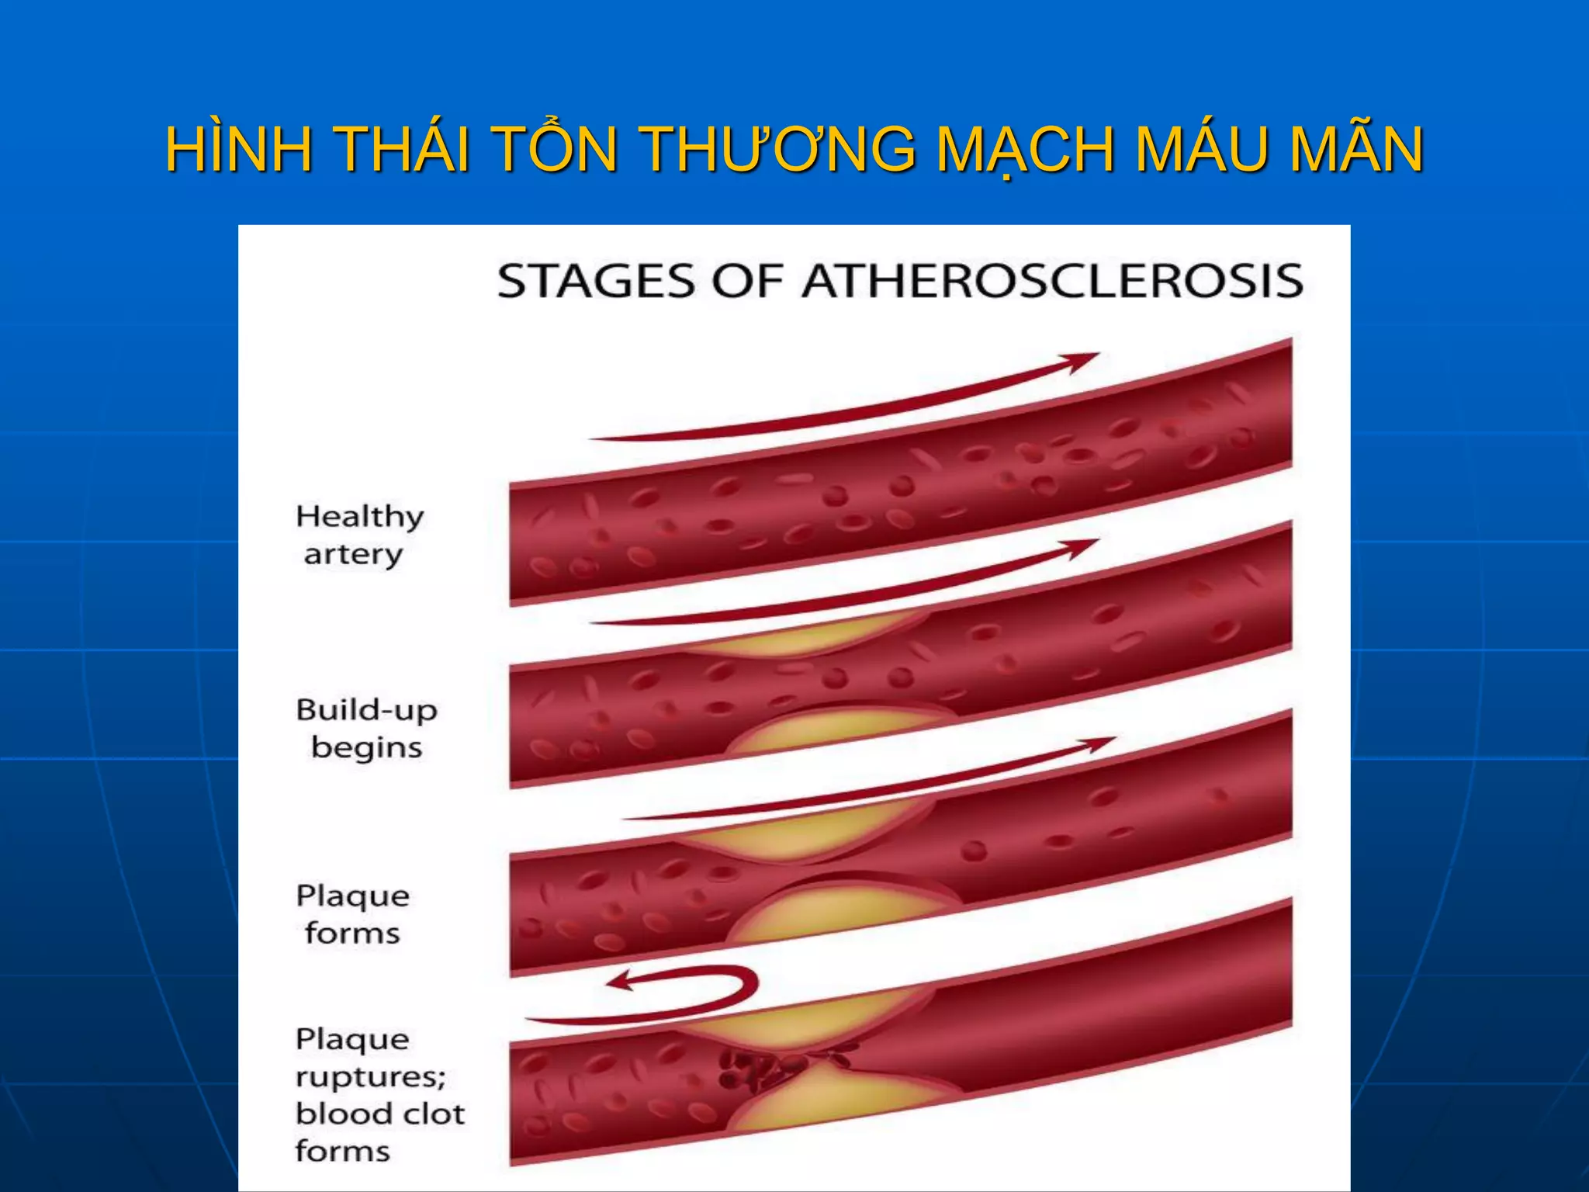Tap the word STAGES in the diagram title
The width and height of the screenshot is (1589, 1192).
595,281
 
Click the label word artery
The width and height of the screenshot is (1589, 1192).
353,555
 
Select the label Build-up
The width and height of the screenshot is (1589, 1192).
366,711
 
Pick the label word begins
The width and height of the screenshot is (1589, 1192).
366,747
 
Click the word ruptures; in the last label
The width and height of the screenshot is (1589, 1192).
370,1077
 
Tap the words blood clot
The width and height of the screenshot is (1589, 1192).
380,1114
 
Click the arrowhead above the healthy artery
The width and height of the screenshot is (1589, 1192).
1083,360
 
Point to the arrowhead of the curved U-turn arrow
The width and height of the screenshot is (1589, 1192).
621,982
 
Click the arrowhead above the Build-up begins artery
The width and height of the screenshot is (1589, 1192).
1082,547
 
